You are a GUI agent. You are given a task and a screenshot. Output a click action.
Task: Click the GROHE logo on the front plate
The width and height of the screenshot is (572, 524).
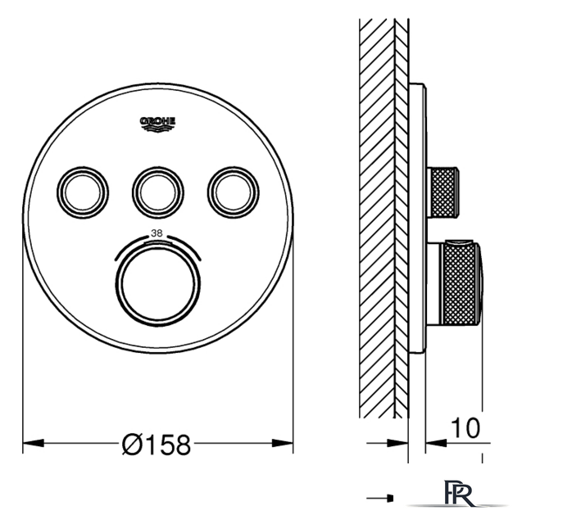pos(158,124)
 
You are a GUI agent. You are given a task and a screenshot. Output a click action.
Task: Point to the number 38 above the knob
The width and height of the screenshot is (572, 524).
pos(157,233)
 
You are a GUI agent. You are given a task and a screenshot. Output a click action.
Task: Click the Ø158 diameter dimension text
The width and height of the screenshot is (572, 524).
pos(157,445)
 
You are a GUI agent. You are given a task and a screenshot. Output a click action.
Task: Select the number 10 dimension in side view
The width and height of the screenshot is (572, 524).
pos(465,427)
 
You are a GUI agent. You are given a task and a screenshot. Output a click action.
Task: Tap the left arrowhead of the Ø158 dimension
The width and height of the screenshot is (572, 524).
pos(34,443)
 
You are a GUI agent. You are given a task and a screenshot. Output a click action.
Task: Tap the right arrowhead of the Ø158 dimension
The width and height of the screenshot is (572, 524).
pos(283,443)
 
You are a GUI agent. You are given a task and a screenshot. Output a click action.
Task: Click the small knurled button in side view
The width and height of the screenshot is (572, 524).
pos(443,192)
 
